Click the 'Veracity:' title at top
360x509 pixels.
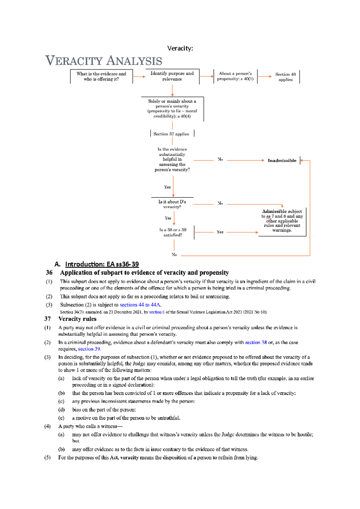180,48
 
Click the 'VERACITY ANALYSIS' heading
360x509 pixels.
104,61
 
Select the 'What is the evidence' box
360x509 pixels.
101,76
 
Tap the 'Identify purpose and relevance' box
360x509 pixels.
172,76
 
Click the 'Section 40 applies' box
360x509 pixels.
285,77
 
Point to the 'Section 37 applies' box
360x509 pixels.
171,134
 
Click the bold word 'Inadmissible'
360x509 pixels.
282,161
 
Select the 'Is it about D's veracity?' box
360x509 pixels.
172,204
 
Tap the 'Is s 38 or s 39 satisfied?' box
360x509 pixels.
172,232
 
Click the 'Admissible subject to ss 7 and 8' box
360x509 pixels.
282,221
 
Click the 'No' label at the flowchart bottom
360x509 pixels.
174,255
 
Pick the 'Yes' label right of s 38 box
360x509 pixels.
220,232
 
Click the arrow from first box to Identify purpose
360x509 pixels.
139,77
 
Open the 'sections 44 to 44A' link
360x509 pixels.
140,305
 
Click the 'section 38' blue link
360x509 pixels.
256,342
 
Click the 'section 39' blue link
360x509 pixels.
89,349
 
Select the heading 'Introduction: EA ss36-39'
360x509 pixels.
102,264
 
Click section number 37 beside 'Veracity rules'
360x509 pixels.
47,319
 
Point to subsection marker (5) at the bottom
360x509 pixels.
47,458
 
